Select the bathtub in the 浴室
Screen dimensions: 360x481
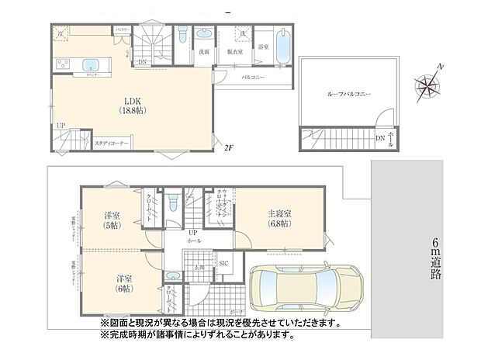pos(282,48)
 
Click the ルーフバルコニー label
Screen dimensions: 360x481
pos(349,93)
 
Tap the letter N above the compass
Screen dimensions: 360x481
pos(441,67)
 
